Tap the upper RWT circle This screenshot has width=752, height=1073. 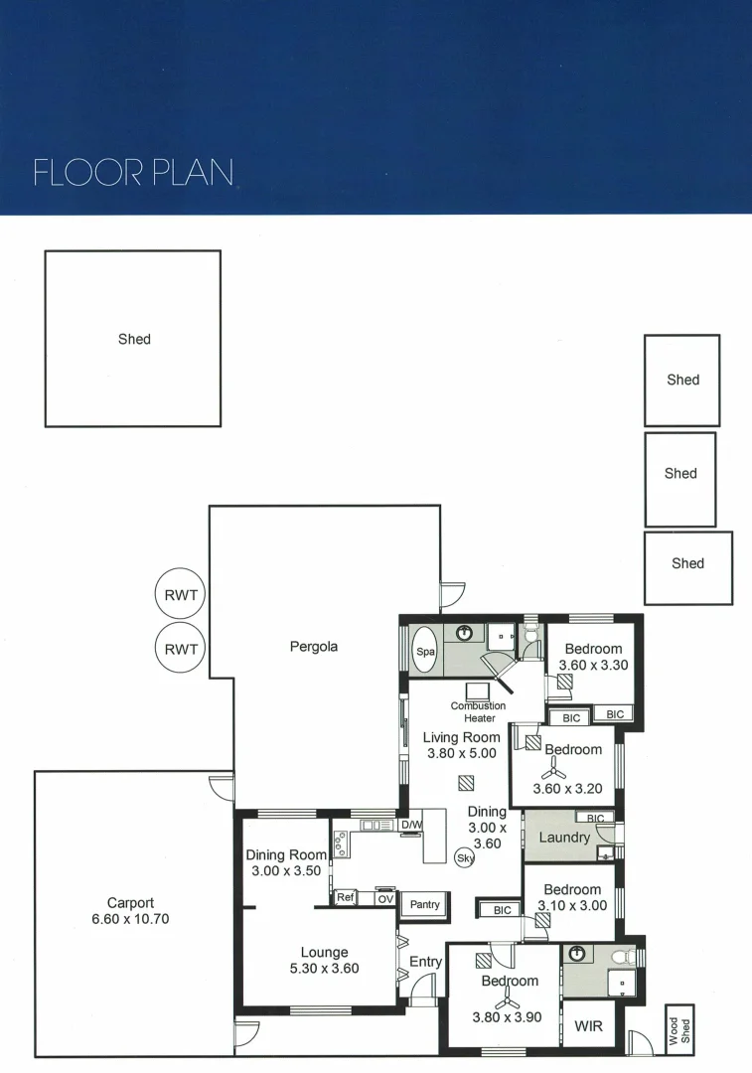(x=180, y=597)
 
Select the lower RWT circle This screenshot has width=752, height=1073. (x=180, y=650)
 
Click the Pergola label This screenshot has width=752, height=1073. (x=314, y=647)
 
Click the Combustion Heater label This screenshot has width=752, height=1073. (x=478, y=711)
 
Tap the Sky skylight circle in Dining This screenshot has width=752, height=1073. (x=464, y=858)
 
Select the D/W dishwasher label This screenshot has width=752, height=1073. (x=411, y=826)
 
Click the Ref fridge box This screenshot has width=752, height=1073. (x=345, y=897)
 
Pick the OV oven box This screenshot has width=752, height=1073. (x=384, y=899)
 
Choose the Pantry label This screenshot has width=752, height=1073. (x=425, y=905)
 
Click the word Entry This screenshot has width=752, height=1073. (x=425, y=962)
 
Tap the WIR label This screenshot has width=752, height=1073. (x=588, y=1023)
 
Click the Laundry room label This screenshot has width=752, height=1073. (x=563, y=838)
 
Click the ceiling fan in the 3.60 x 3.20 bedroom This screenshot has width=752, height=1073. (x=553, y=771)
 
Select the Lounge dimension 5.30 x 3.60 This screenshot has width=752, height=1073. (x=324, y=968)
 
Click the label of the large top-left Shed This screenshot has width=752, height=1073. (x=134, y=339)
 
